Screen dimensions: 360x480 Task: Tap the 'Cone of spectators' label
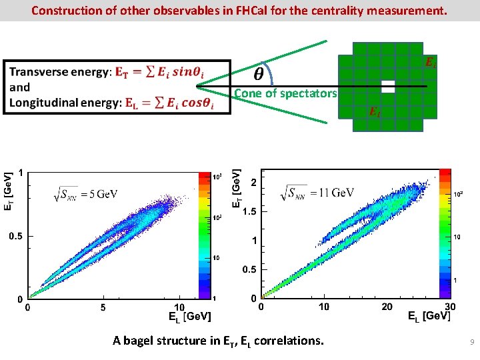tap(285, 93)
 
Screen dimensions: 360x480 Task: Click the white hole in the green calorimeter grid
tap(388, 87)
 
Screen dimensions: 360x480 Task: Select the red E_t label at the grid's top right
tap(431, 63)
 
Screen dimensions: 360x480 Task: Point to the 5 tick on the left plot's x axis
tap(103, 308)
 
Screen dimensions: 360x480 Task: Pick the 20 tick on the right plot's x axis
tap(387, 307)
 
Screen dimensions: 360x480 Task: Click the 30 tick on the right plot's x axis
tap(449, 307)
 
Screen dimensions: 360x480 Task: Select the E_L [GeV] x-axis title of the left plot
tap(190, 317)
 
